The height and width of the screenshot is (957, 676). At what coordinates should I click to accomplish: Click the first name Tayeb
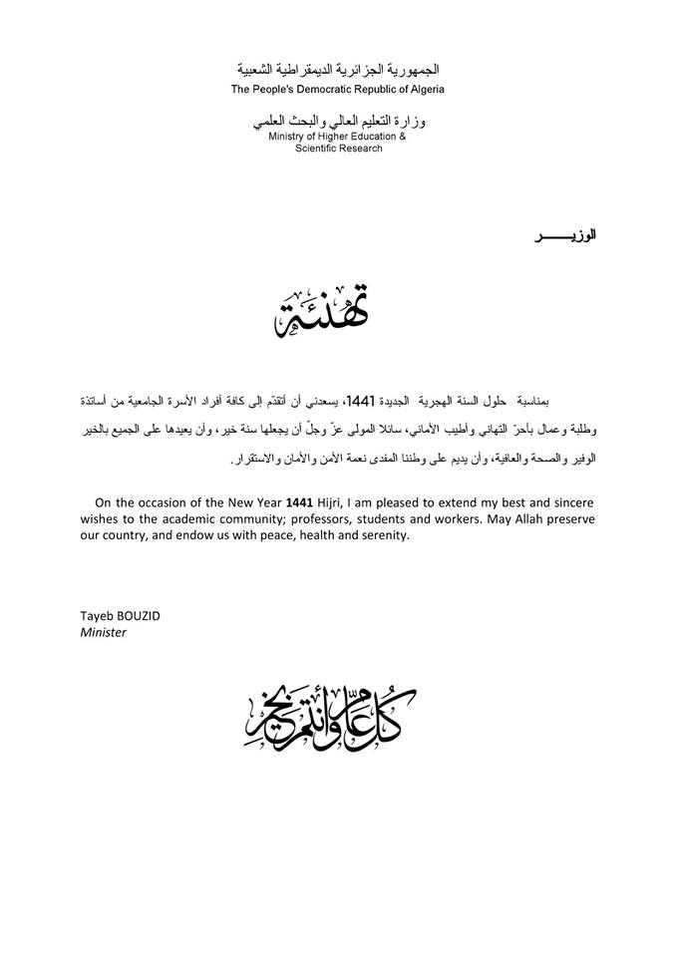point(97,616)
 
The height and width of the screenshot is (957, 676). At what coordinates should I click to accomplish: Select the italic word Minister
point(103,632)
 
